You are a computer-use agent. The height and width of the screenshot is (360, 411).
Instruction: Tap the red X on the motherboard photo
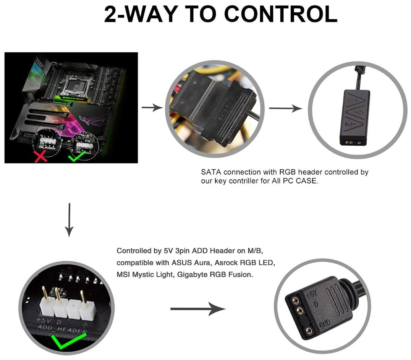[x=41, y=156]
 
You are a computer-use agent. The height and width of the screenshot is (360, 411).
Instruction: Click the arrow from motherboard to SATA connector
[x=152, y=108]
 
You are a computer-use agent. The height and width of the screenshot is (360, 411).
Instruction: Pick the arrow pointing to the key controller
[x=285, y=108]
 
